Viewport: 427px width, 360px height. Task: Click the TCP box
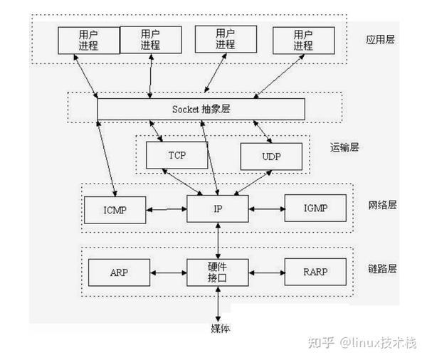177,155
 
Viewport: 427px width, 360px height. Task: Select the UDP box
271,157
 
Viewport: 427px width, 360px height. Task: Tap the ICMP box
115,210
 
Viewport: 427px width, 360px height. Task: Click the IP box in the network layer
218,208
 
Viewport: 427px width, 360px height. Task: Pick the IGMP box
315,208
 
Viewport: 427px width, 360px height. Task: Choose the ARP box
119,272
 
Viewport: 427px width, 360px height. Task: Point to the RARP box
315,272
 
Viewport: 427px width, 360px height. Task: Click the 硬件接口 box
218,272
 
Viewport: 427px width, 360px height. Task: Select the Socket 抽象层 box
201,109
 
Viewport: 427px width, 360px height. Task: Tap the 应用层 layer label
380,40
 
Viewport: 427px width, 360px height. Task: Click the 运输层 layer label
344,147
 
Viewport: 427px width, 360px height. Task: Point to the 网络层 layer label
382,205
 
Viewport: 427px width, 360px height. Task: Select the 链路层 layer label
382,269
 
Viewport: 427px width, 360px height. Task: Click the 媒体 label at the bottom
221,329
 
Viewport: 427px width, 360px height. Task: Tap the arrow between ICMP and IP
167,209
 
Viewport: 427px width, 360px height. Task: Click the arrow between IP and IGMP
267,209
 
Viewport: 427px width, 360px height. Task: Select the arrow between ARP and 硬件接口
169,272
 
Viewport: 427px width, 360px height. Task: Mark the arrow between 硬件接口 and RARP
267,272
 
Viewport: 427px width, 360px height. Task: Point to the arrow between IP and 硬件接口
218,240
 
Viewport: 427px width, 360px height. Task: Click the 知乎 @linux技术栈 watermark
362,342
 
